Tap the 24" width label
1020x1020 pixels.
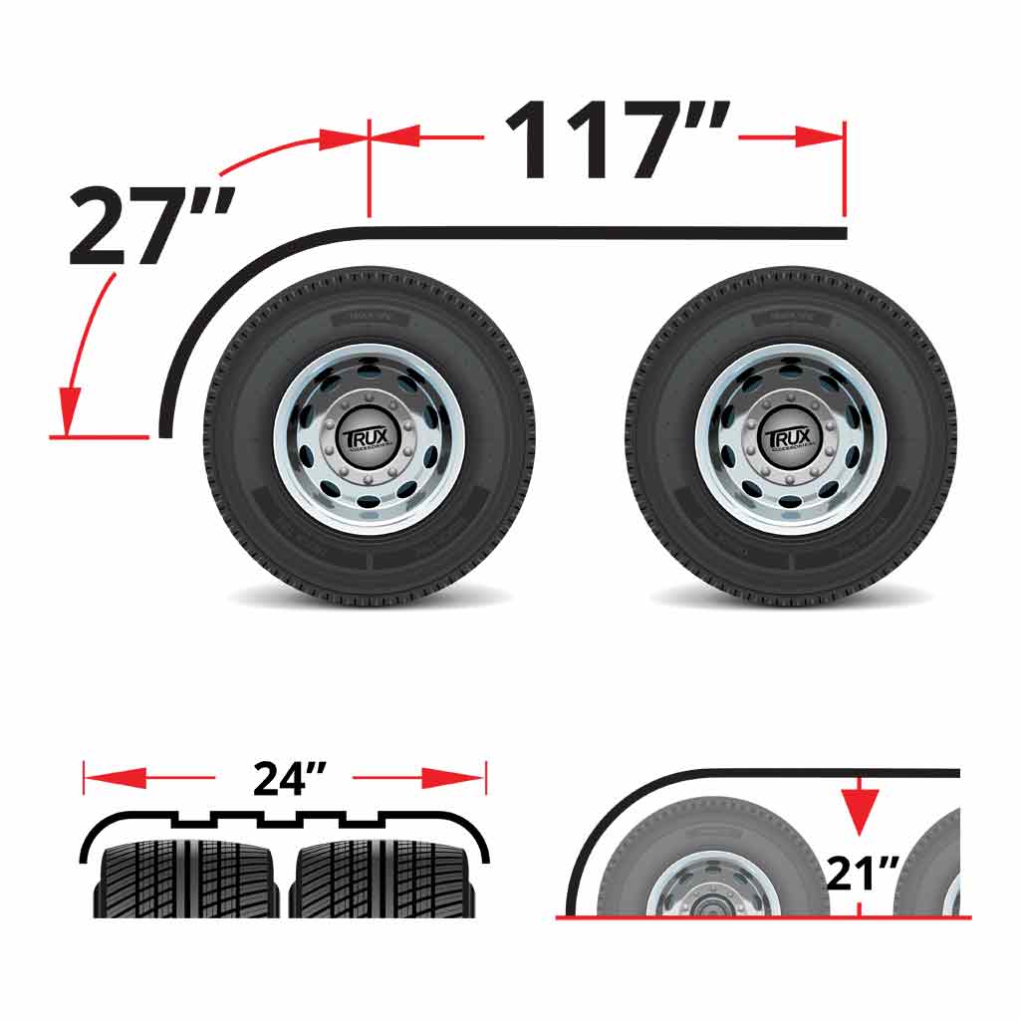click(x=284, y=778)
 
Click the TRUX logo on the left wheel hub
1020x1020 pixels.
click(x=369, y=439)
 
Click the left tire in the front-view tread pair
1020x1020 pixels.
click(x=185, y=877)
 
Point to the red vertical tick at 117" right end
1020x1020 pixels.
click(x=845, y=169)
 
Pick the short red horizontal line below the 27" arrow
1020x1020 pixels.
click(x=100, y=436)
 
